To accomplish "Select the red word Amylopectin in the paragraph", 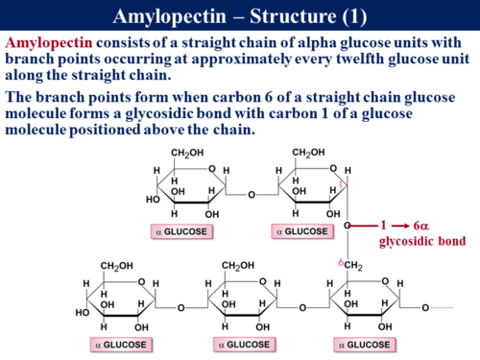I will pos(45,44).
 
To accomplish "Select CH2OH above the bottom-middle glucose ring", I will pos(239,266).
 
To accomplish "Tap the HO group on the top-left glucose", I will pos(154,199).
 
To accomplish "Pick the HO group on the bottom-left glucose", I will pos(84,312).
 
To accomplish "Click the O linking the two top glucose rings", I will pos(251,195).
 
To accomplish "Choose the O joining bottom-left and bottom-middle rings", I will pos(180,307).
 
